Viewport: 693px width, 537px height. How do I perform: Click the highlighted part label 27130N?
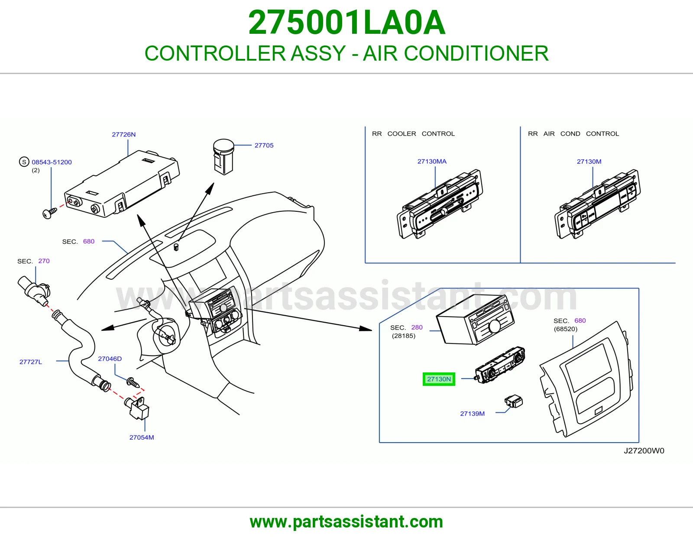click(x=439, y=379)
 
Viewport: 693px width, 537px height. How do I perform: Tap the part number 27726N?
click(x=124, y=135)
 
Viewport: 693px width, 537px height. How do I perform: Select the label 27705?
click(x=264, y=146)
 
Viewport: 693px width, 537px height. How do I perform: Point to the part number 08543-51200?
click(x=52, y=162)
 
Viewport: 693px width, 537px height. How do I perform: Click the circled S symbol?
click(x=24, y=162)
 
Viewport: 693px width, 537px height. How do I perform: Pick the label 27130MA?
click(x=432, y=162)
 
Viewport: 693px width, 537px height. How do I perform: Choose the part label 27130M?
click(x=589, y=162)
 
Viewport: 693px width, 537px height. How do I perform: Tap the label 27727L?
click(x=31, y=362)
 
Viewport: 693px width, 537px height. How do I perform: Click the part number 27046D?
click(x=110, y=359)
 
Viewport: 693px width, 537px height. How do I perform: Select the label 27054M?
click(x=142, y=437)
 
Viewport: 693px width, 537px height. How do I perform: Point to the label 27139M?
click(x=472, y=414)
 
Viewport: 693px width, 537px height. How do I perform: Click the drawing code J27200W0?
click(x=644, y=450)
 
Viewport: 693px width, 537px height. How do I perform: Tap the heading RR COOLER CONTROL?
click(x=413, y=134)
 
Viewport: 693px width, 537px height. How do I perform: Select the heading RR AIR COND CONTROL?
click(x=573, y=134)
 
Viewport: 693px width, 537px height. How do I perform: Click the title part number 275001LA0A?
click(x=346, y=23)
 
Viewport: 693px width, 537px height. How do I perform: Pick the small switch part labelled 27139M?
click(x=513, y=401)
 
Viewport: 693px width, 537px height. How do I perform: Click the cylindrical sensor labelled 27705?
click(x=223, y=157)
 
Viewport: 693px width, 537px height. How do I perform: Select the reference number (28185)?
click(x=403, y=336)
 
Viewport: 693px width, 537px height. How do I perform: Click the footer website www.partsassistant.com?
click(x=346, y=522)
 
